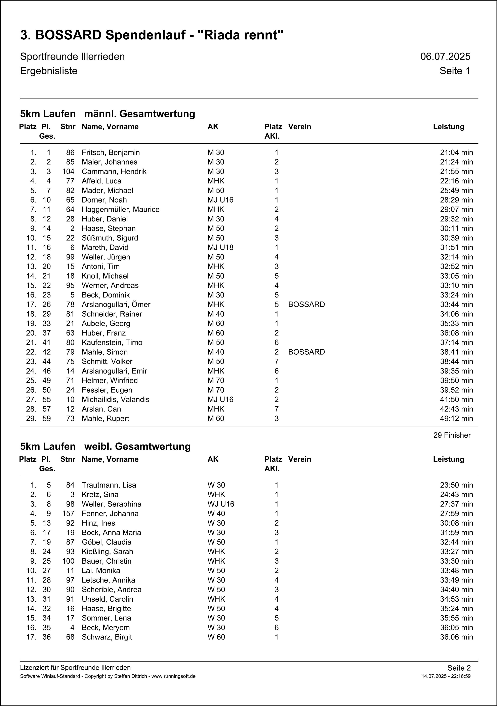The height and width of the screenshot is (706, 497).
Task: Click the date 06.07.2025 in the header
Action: (445, 57)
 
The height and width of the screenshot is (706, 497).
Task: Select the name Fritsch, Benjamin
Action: (111, 152)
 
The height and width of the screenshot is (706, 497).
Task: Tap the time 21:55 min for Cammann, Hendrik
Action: (456, 172)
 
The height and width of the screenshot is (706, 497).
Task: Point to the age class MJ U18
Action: (220, 248)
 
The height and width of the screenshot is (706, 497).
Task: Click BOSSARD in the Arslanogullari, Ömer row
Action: (306, 304)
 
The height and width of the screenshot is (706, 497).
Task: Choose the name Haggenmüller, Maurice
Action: (120, 209)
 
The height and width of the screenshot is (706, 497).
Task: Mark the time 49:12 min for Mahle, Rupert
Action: (456, 419)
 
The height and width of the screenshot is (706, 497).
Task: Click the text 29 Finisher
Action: (452, 435)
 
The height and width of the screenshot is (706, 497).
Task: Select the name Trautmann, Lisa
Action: (109, 485)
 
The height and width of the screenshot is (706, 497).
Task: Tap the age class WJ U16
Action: (220, 504)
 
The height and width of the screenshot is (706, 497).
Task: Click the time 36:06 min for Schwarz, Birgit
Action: (456, 637)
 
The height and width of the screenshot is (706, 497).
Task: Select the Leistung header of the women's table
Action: (449, 459)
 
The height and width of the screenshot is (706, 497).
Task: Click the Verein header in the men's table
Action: (299, 127)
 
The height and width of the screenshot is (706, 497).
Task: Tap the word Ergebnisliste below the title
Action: (48, 71)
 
